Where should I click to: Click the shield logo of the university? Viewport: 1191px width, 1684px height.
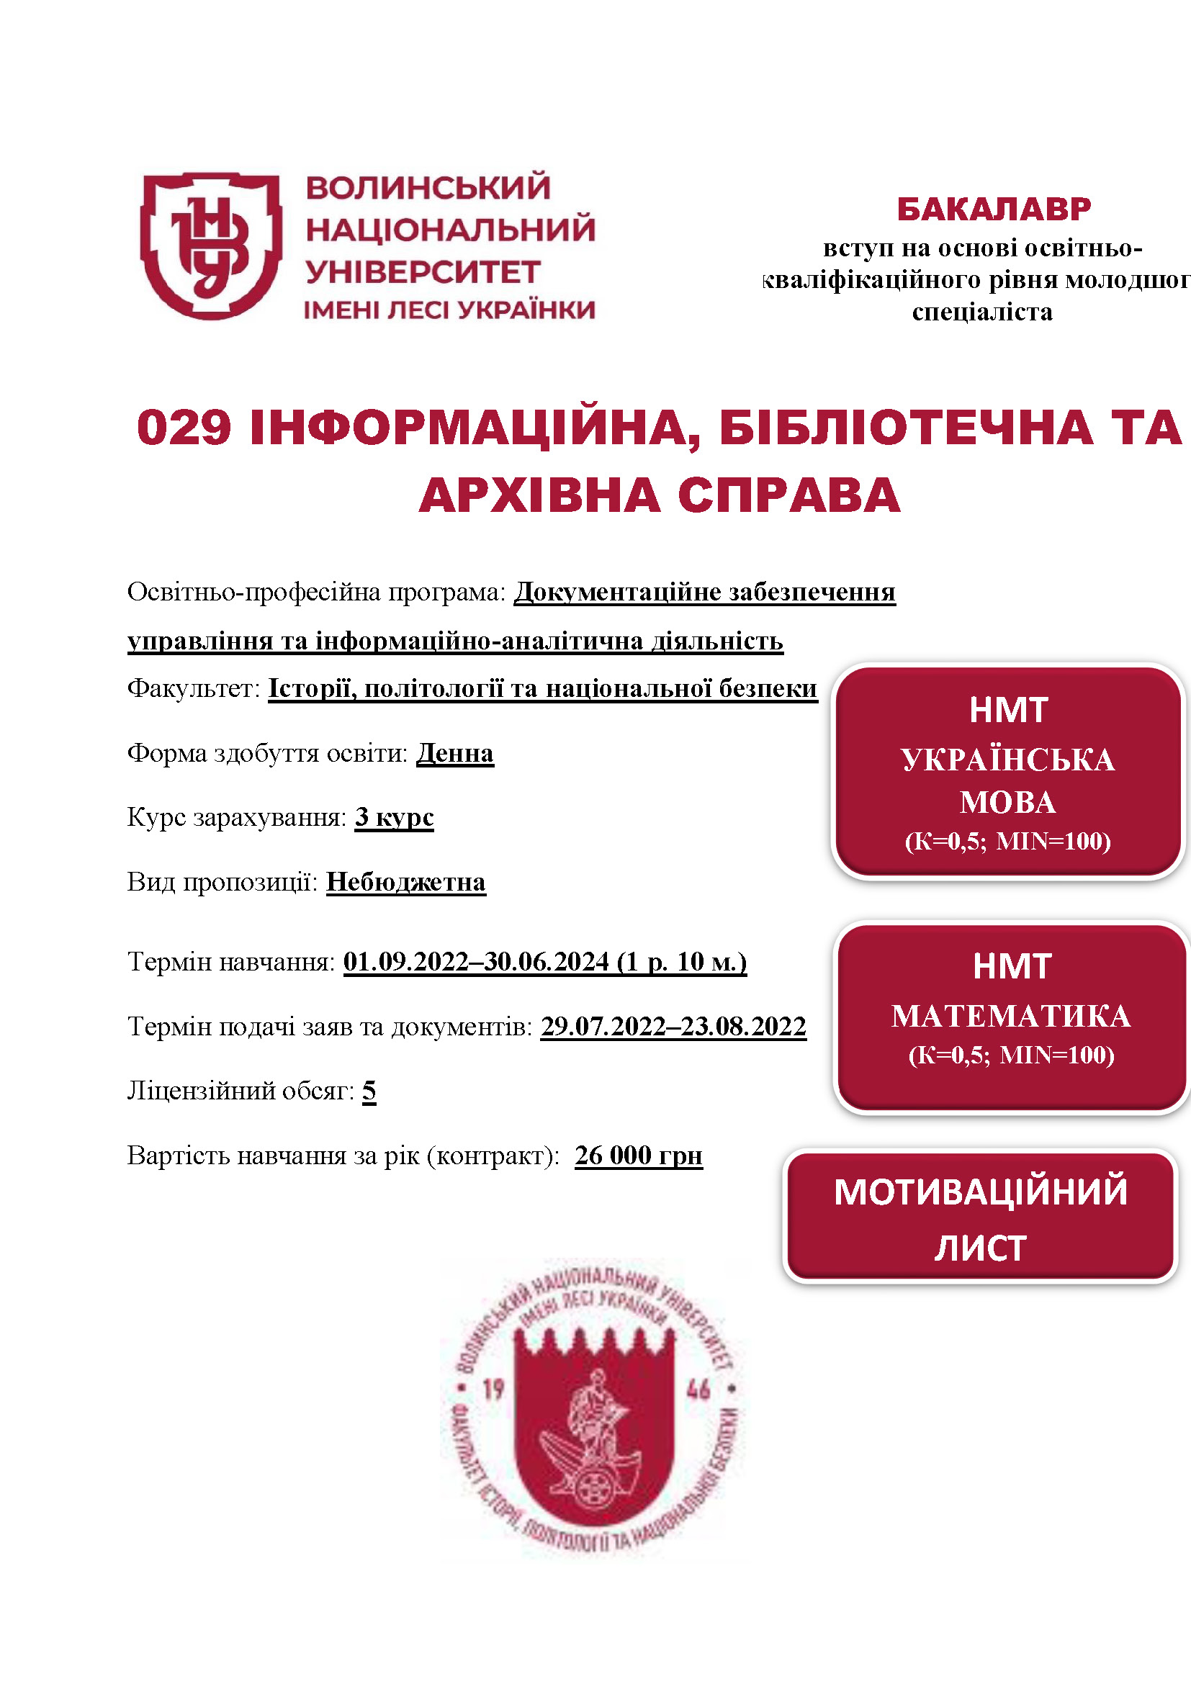coord(210,246)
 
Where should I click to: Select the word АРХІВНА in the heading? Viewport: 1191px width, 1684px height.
coord(540,496)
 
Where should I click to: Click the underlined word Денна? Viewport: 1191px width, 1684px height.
coord(454,753)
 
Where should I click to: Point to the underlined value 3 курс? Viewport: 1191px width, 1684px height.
coord(394,817)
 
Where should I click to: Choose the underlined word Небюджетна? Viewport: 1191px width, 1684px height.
coord(405,882)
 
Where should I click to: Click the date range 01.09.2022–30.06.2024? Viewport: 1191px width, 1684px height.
coord(476,961)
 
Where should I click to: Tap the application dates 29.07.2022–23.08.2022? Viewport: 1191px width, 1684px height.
coord(673,1026)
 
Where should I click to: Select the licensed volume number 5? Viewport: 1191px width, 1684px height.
coord(369,1091)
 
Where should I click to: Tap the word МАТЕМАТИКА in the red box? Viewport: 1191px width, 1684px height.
coord(1010,1016)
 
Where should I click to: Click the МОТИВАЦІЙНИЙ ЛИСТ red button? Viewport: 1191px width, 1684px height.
coord(980,1218)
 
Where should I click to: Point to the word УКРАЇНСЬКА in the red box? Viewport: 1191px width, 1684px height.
coord(1007,760)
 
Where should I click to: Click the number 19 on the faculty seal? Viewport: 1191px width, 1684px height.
coord(493,1387)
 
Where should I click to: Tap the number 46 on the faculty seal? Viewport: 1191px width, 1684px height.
coord(698,1387)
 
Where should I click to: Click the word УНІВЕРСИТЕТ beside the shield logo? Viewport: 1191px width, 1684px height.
coord(423,273)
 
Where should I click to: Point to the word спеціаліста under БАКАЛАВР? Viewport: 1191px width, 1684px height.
coord(982,312)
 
